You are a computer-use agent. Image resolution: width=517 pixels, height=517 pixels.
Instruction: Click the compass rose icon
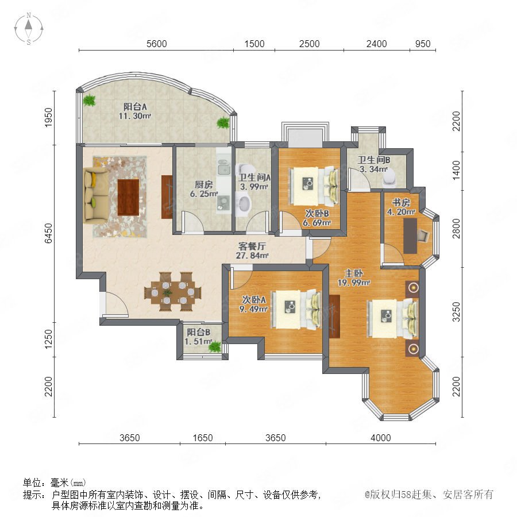(x=29, y=29)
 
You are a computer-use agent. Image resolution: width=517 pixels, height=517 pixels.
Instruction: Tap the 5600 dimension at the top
(x=157, y=44)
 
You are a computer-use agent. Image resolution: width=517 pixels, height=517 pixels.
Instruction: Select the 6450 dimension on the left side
(x=48, y=233)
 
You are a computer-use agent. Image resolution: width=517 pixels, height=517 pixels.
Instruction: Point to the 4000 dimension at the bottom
(x=380, y=438)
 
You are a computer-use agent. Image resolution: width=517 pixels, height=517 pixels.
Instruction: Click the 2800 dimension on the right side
(x=456, y=229)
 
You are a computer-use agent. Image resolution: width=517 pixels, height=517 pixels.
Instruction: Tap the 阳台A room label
(x=135, y=106)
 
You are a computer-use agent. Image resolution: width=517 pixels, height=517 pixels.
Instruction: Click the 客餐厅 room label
(x=252, y=246)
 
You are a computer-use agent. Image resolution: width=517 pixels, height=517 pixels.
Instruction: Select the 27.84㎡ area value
(x=252, y=256)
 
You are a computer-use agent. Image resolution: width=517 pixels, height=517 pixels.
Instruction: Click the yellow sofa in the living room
(x=95, y=196)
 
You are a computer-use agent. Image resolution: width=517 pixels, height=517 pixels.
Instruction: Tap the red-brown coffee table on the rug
(x=128, y=197)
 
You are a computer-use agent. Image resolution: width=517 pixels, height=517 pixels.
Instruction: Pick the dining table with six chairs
(x=172, y=292)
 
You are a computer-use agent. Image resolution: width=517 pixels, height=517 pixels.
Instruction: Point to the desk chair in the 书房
(x=423, y=236)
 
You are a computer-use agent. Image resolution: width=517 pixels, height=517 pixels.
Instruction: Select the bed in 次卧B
(x=314, y=187)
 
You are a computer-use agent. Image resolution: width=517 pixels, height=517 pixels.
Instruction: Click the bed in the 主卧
(x=393, y=318)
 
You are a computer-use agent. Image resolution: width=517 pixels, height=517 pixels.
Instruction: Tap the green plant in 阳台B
(x=215, y=346)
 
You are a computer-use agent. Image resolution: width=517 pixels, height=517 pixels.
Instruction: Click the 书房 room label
(x=401, y=202)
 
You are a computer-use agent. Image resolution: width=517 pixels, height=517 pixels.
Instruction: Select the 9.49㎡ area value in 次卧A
(x=253, y=309)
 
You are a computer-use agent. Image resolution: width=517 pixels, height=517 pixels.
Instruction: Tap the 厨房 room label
(x=203, y=184)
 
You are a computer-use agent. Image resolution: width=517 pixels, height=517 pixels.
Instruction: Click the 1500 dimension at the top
(x=254, y=44)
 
